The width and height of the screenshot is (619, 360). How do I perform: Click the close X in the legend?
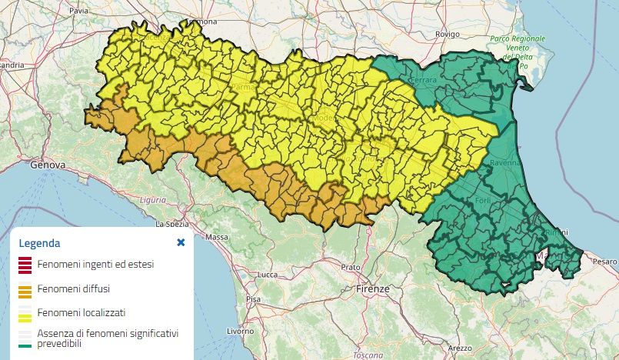click(x=181, y=242)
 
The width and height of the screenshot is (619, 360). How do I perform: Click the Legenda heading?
click(x=39, y=243)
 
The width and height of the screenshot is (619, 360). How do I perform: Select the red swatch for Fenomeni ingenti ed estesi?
click(x=25, y=265)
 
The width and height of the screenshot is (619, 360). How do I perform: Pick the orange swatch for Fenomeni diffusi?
click(x=25, y=289)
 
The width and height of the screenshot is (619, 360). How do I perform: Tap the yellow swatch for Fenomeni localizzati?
click(x=25, y=313)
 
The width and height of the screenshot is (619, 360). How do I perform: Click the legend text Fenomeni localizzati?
click(x=82, y=313)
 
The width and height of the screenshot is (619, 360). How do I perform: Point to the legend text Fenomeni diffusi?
click(x=74, y=289)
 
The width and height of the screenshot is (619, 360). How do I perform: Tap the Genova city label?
click(x=48, y=165)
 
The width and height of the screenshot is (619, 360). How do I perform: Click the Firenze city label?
click(x=374, y=289)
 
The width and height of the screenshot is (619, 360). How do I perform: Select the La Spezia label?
click(x=172, y=225)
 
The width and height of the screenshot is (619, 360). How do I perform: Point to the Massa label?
click(x=218, y=238)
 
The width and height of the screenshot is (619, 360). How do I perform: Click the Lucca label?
click(x=268, y=275)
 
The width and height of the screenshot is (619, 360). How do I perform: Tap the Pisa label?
click(x=252, y=298)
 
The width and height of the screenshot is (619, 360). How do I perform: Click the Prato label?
click(x=351, y=267)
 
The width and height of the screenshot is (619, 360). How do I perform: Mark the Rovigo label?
click(x=447, y=34)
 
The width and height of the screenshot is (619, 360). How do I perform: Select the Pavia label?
click(x=78, y=12)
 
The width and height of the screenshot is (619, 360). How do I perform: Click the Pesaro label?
click(x=605, y=262)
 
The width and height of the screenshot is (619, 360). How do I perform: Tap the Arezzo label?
click(x=461, y=348)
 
